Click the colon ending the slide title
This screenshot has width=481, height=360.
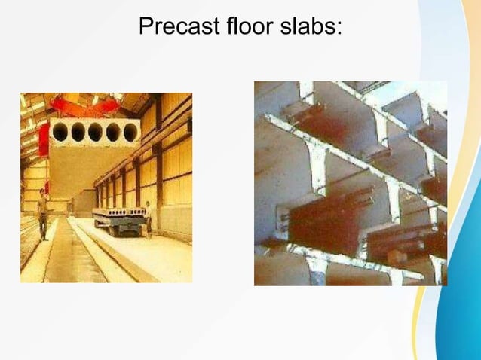340,29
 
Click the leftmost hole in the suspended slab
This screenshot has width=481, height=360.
60,133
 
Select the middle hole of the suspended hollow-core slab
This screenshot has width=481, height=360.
96,133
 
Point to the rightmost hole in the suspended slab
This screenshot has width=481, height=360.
130,133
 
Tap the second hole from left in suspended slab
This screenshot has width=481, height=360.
78,133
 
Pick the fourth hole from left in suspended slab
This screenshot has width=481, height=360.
113,133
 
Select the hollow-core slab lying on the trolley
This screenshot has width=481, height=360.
118,213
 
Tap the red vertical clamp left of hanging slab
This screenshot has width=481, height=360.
44,140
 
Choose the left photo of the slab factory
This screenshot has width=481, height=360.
106,188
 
